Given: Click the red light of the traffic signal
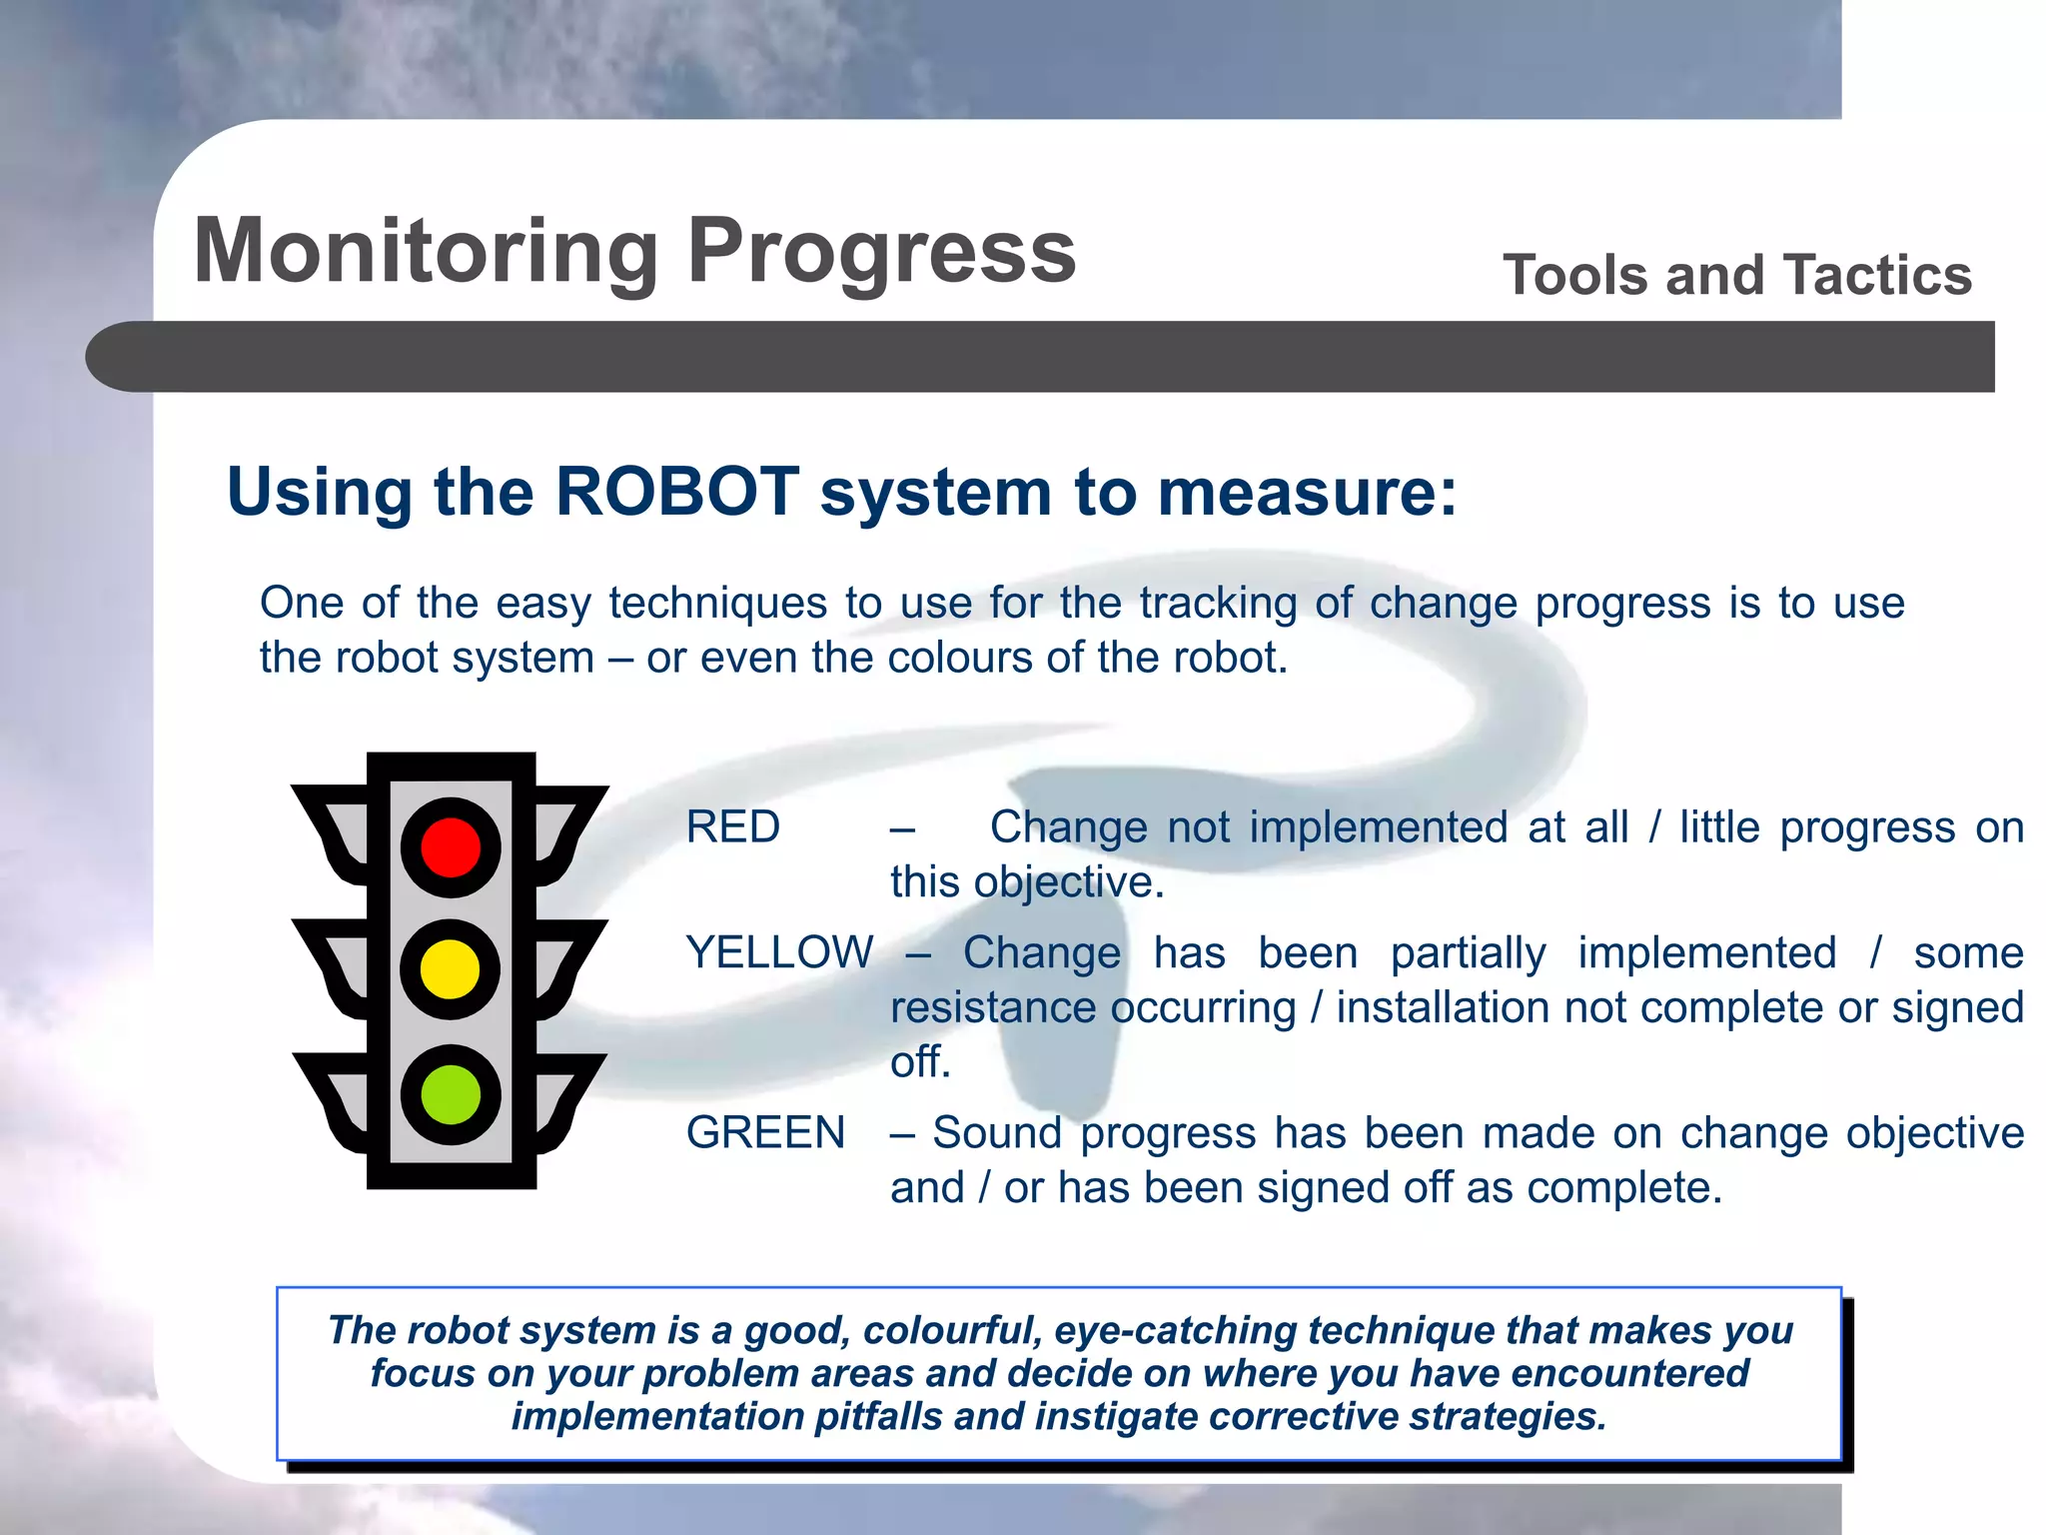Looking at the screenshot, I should (x=451, y=846).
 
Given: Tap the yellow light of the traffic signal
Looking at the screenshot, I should (x=451, y=968).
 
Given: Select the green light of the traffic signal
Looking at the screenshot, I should (x=451, y=1094).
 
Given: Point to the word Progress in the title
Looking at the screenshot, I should (x=882, y=252).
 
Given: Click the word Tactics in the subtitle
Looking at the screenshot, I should (x=1878, y=275).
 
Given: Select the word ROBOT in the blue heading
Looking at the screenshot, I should (x=676, y=492).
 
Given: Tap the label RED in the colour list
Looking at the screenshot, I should (x=732, y=827).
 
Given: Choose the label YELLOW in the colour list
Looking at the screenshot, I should (x=779, y=952).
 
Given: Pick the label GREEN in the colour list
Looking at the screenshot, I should (x=765, y=1133).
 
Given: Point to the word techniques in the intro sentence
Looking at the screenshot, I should (x=717, y=604).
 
